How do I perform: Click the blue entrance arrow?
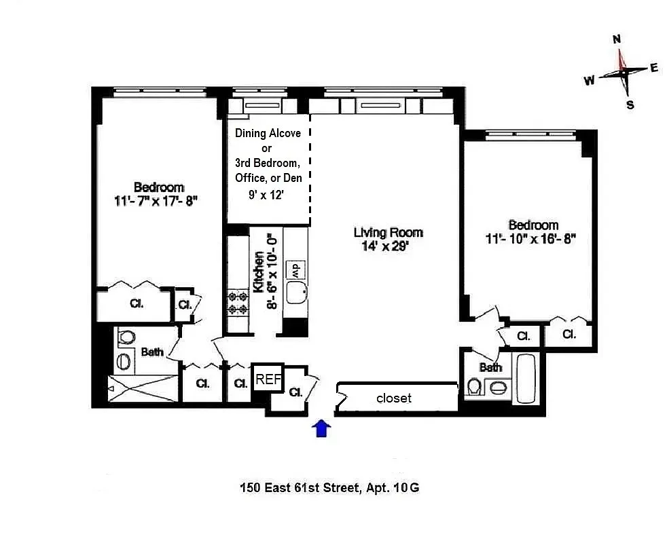click(321, 428)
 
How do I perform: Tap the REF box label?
click(268, 380)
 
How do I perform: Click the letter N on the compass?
click(617, 39)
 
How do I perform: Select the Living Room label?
click(388, 232)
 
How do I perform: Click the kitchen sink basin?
click(297, 293)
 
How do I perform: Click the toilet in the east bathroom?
click(475, 388)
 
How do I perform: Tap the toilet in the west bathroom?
click(126, 338)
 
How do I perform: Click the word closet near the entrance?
click(394, 398)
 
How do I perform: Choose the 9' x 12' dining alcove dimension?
click(267, 194)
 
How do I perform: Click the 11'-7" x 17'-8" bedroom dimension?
click(156, 201)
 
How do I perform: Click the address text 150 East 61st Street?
click(300, 487)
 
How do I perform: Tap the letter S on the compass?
click(630, 105)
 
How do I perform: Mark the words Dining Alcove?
click(268, 133)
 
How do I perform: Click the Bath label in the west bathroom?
click(152, 352)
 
